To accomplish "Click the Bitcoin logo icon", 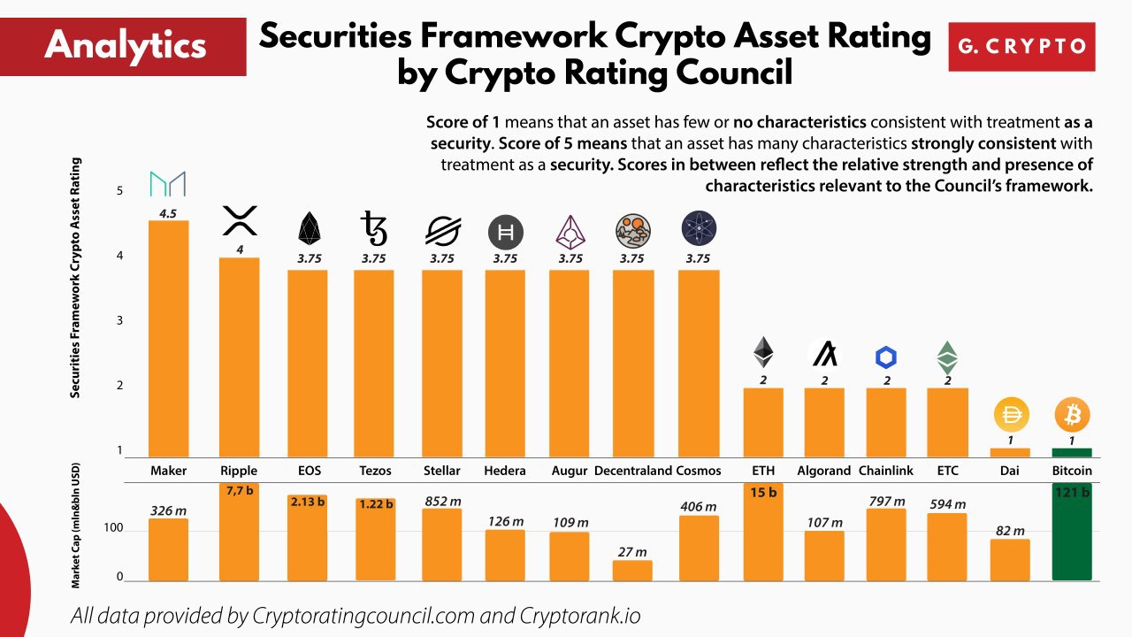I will click(1072, 414).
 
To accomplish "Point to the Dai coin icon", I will click(1010, 414).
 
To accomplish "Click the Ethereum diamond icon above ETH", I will click(763, 352).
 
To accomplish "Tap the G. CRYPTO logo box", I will click(1021, 47).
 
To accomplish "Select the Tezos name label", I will click(375, 471).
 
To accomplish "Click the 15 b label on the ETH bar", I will click(763, 492).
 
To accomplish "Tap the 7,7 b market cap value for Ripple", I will click(239, 490).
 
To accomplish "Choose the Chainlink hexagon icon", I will click(886, 357).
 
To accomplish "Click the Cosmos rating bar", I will click(699, 363).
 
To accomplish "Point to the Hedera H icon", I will click(506, 233).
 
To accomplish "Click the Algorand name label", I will click(823, 471).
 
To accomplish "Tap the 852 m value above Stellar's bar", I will click(442, 502).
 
